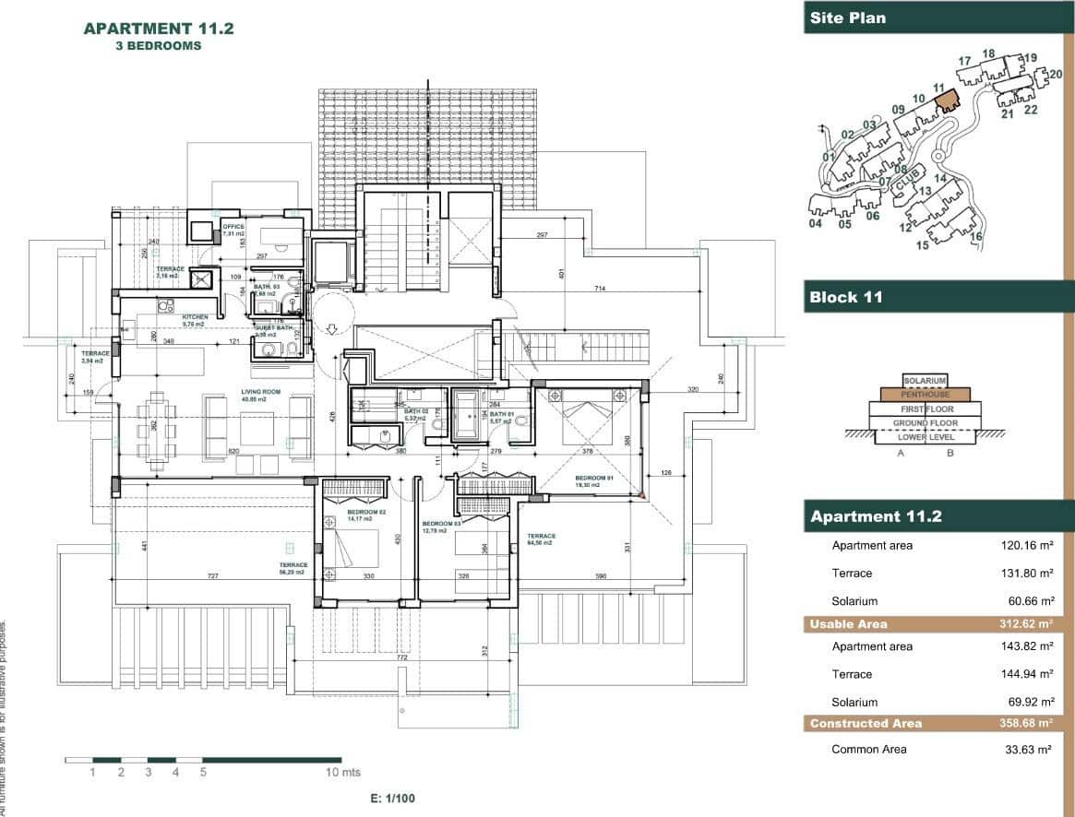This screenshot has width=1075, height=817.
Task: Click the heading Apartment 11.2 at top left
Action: (x=159, y=28)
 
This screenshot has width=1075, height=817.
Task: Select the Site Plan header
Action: (x=847, y=18)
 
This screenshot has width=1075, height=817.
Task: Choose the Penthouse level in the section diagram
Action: (x=925, y=395)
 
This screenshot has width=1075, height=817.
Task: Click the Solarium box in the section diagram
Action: (x=926, y=380)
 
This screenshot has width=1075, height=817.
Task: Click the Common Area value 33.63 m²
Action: (x=1027, y=750)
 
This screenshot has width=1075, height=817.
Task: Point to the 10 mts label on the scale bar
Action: (x=343, y=772)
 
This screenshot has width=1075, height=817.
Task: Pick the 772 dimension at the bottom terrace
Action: (x=402, y=658)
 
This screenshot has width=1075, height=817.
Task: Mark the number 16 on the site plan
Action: (x=975, y=237)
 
